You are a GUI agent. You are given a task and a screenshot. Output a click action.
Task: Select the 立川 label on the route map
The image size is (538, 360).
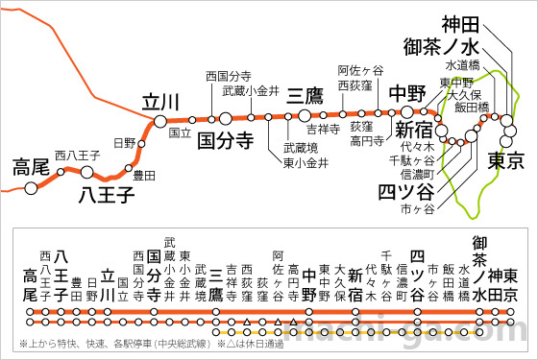tap(160, 102)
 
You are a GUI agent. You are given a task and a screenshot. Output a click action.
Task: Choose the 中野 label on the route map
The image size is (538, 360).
tap(406, 93)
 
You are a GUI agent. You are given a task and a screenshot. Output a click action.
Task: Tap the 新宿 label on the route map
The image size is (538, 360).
tap(414, 130)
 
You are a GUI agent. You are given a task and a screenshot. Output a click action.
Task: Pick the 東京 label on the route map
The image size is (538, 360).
tap(504, 159)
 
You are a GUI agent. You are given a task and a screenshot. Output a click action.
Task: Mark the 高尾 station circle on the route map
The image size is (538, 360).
tap(31, 187)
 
